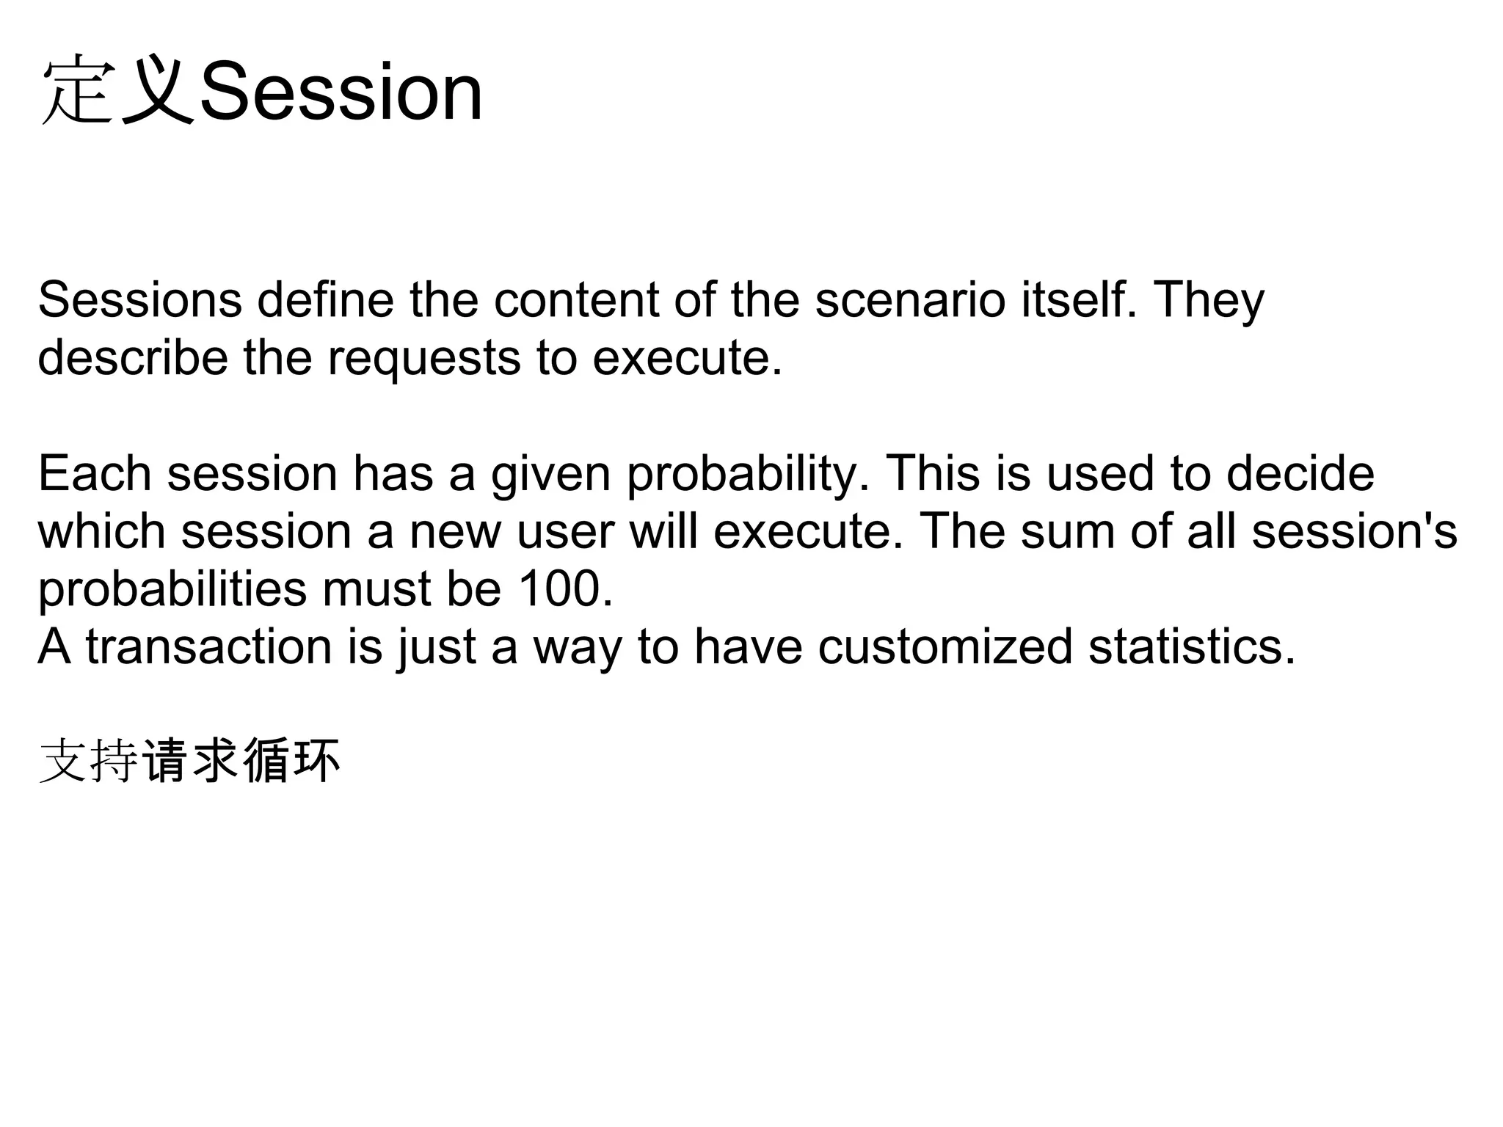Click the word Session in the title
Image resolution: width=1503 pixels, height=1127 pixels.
click(341, 93)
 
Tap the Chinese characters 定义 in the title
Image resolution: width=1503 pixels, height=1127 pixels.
click(117, 93)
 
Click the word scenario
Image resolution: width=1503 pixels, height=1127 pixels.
click(910, 300)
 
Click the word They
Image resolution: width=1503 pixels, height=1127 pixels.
click(1209, 300)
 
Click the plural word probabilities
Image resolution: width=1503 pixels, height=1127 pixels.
click(172, 589)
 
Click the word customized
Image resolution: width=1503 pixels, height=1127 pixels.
click(945, 647)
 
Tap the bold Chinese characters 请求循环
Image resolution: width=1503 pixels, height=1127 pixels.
click(241, 761)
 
